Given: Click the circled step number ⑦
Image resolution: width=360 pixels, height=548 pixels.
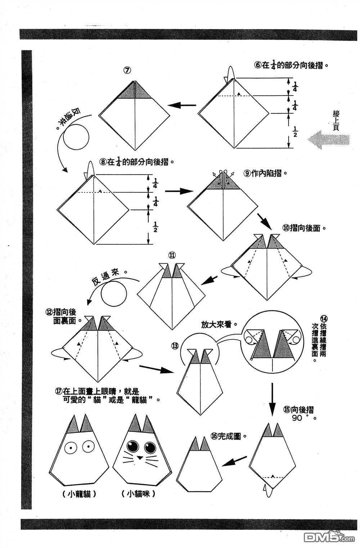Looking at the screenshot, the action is pos(127,71).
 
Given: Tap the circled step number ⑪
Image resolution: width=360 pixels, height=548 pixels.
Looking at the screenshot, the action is pos(172,255).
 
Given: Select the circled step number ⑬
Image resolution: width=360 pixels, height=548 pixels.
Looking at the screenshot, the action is pos(175,346).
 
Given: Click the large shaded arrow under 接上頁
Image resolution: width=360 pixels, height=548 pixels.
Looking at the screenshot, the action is pos(328,140).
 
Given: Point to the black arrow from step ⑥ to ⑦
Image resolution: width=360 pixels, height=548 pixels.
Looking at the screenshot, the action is pos(182,105).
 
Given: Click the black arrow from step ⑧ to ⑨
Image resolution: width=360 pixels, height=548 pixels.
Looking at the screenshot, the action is pos(179,191).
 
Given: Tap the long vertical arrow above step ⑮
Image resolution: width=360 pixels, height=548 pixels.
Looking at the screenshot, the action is pos(272,399).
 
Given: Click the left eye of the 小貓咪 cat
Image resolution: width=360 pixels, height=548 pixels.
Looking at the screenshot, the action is pos(133,447).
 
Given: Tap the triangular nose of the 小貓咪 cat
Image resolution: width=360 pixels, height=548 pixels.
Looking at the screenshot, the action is pos(140,457).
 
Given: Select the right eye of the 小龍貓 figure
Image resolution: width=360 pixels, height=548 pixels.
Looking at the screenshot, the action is pos(88,446).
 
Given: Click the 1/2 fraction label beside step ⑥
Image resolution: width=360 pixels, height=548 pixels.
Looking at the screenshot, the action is pos(295,132).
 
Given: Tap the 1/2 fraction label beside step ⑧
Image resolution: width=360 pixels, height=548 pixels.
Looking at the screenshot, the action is pos(155,226).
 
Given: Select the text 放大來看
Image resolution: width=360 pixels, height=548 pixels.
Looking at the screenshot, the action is pos(216,325).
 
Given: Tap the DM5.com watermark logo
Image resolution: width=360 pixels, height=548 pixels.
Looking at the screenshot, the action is pos(329,537).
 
